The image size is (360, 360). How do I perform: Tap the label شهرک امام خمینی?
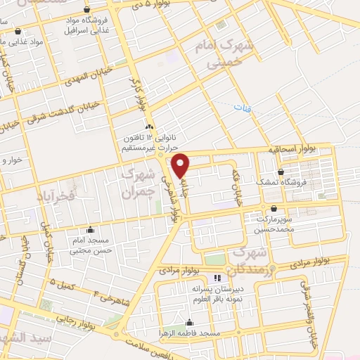[229, 56]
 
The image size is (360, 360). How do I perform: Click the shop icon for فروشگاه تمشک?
[281, 172]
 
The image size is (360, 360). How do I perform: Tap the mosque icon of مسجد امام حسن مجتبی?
[90, 229]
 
